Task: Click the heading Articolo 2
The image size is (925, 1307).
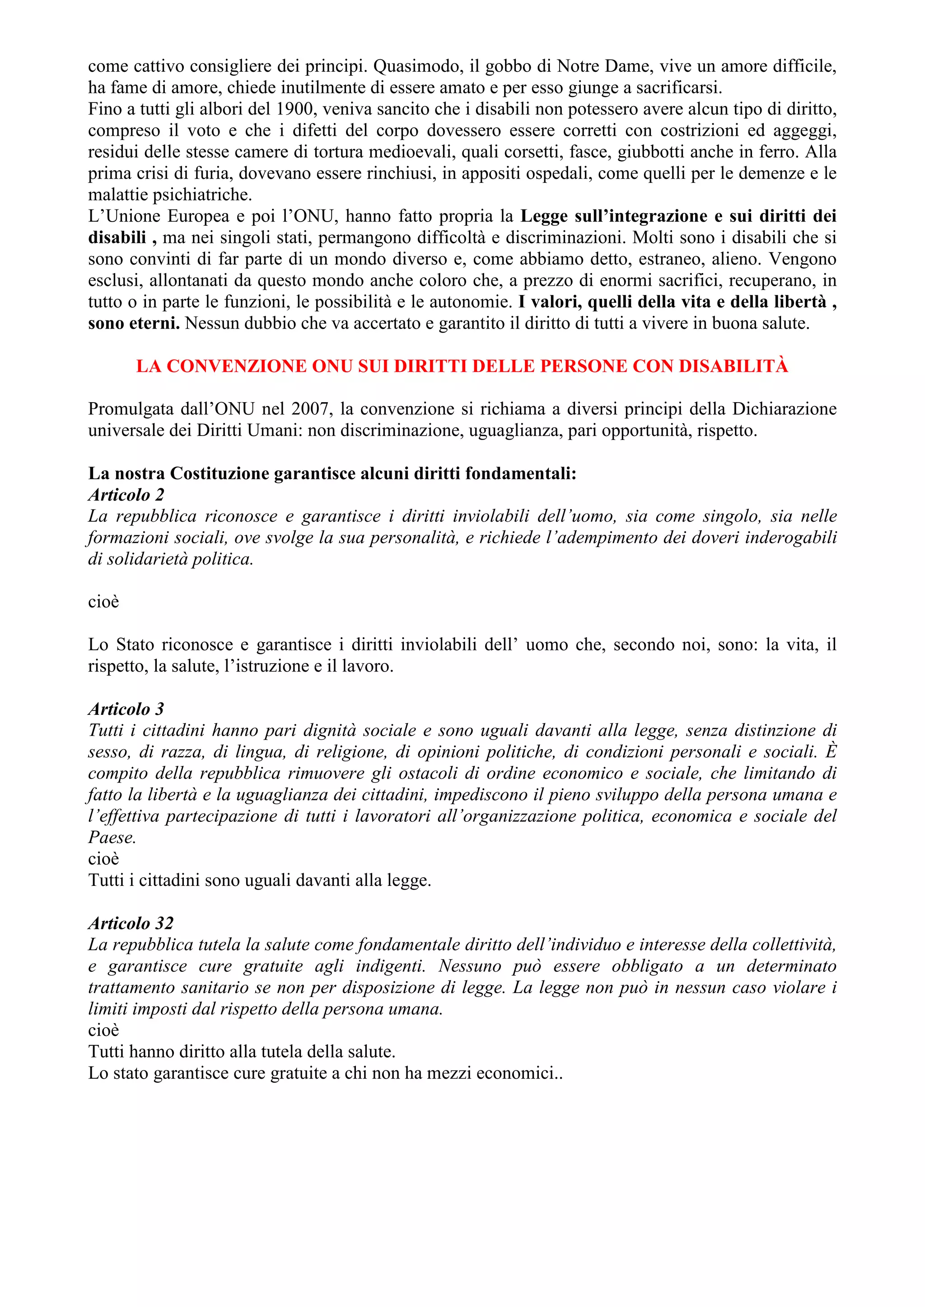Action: coord(126,495)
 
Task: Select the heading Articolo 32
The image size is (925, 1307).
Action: coord(131,923)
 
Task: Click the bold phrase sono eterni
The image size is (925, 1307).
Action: coord(134,323)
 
